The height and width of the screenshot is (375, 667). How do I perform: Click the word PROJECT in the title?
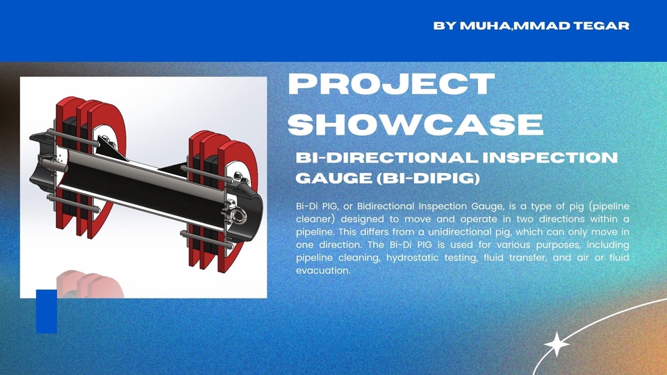(391, 84)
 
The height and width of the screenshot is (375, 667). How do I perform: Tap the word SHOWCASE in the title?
(415, 124)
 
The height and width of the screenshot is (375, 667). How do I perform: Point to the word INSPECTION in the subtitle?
(550, 158)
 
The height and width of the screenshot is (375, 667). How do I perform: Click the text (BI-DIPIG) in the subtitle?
(429, 178)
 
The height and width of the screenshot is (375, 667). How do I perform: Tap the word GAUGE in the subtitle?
(334, 178)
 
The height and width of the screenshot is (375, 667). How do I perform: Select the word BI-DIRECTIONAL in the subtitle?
(387, 158)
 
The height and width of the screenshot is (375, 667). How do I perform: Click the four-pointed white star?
(557, 344)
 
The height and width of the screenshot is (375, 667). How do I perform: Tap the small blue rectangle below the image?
(47, 311)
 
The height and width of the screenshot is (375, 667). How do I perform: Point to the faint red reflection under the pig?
(90, 284)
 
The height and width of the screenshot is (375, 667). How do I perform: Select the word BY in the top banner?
(445, 26)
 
